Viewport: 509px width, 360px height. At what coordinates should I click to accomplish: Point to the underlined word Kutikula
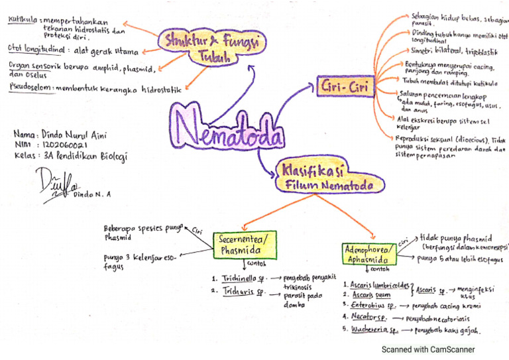[x=23, y=20]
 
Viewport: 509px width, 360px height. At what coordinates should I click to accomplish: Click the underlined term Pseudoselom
[x=32, y=87]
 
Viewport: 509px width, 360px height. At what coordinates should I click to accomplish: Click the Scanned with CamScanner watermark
[x=427, y=349]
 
